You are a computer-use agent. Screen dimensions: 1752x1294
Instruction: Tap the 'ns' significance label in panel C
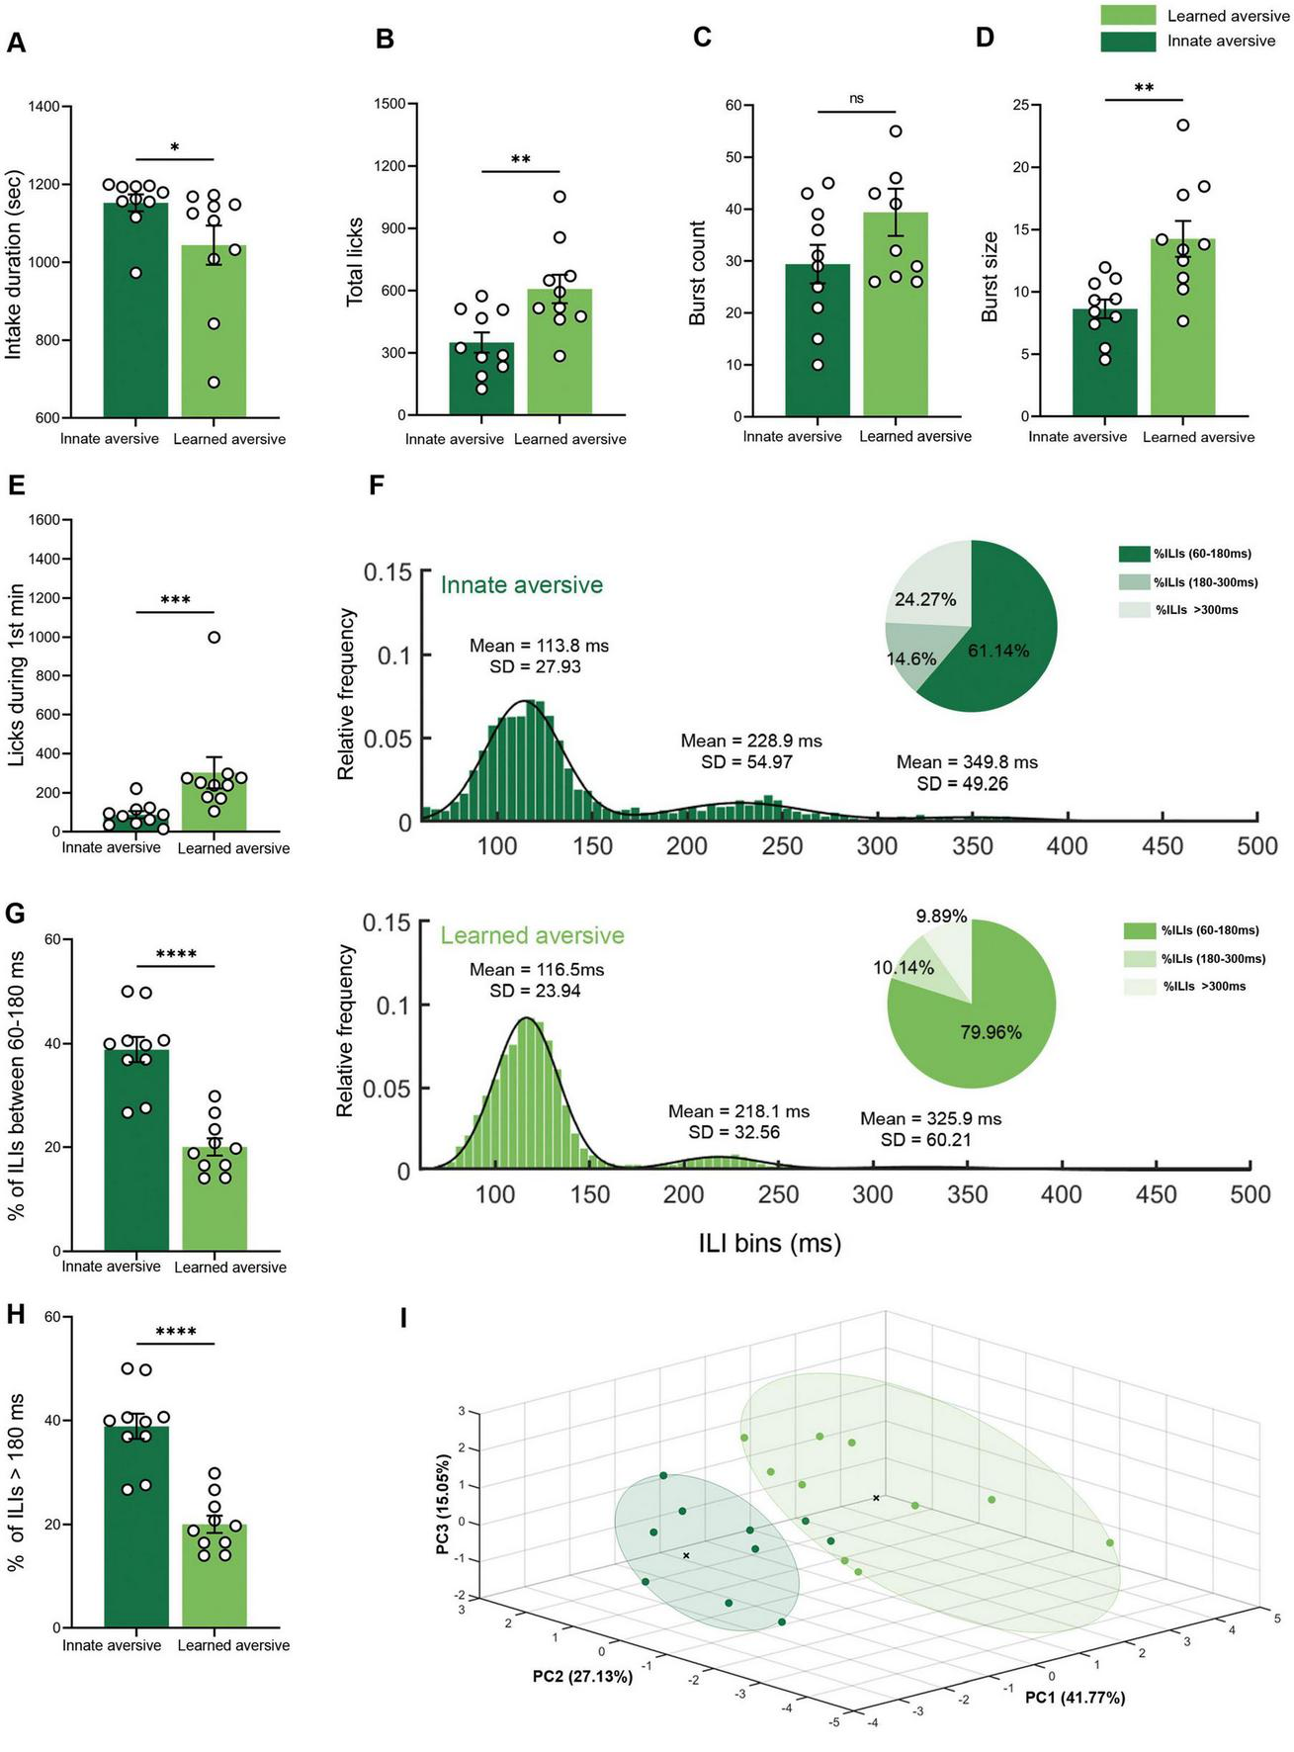(856, 99)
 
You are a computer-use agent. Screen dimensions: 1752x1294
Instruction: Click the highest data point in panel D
(1182, 125)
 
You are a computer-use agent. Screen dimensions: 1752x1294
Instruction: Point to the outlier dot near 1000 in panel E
(214, 637)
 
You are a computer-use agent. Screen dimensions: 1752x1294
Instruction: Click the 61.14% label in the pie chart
(998, 651)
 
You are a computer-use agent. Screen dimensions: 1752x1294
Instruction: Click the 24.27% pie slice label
(925, 599)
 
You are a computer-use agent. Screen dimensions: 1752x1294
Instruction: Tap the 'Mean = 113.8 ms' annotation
(539, 646)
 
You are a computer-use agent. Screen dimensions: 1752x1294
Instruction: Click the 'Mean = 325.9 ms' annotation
(930, 1118)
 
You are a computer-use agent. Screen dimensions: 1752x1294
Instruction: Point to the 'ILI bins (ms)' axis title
(769, 1242)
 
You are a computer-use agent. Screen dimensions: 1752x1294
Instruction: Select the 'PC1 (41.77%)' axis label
(1075, 1697)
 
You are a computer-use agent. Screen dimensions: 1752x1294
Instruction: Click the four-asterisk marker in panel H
(175, 1332)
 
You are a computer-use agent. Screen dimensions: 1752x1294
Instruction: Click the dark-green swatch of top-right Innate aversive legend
(1128, 41)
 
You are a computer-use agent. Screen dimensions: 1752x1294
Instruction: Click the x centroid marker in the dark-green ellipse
(686, 1556)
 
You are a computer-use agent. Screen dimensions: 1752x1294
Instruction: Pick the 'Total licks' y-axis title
(356, 261)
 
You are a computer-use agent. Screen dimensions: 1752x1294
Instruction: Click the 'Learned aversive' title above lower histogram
(532, 935)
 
